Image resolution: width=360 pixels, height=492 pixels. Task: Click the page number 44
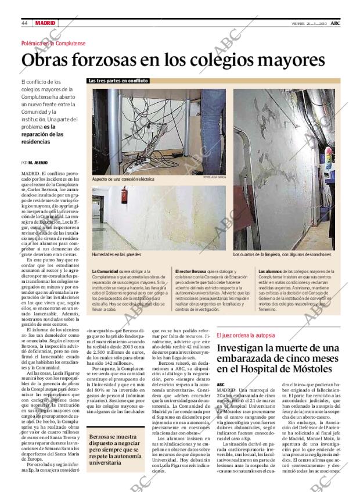click(25, 23)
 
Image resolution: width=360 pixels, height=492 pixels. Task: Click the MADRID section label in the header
click(45, 23)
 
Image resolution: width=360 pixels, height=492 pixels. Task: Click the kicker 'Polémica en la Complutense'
click(53, 44)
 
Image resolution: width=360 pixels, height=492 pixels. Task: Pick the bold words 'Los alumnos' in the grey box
click(270, 271)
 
